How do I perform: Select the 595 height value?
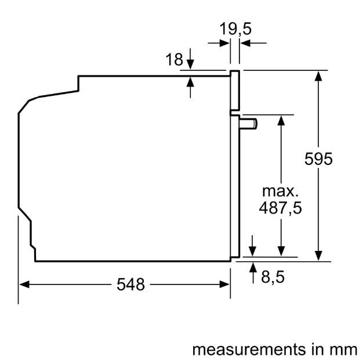click(318, 159)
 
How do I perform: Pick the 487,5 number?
click(282, 207)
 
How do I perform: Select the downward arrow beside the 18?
click(191, 62)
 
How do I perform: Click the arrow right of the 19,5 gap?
click(244, 42)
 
